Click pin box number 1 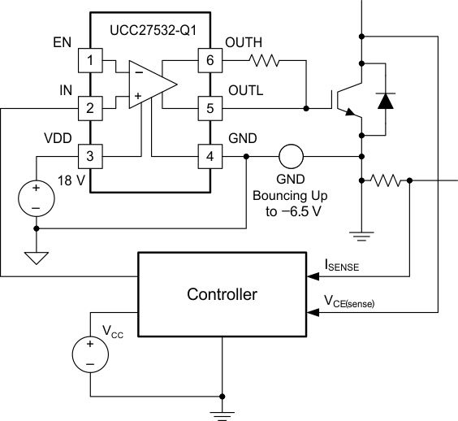tap(89, 59)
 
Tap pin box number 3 tap(89, 154)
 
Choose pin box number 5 tap(209, 107)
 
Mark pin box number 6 tap(209, 59)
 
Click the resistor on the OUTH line tap(264, 59)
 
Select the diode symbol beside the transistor tap(386, 101)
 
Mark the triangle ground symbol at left tap(35, 258)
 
